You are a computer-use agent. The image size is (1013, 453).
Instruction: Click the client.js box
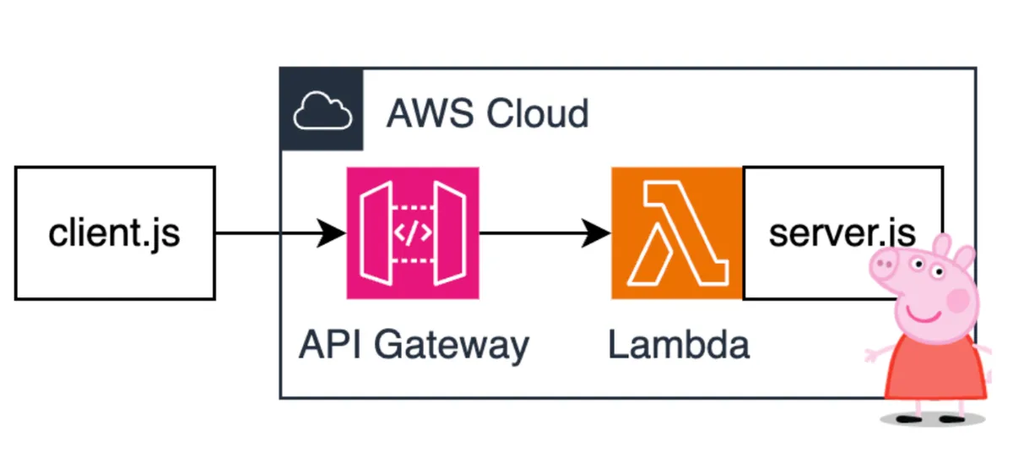115,233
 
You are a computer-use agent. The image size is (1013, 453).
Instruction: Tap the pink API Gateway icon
413,233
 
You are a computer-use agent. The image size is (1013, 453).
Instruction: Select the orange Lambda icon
677,233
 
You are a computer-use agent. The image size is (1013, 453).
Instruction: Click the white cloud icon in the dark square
322,111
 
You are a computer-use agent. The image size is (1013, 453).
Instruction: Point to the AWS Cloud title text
487,113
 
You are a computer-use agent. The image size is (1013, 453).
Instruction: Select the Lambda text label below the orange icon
679,345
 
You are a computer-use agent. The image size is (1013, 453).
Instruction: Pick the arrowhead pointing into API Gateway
334,233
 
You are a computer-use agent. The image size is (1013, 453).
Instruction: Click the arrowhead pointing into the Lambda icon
599,233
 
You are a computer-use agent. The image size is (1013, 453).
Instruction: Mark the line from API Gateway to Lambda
532,233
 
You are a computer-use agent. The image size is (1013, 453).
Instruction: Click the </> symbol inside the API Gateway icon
413,233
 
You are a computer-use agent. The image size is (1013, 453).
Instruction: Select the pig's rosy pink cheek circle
958,297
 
